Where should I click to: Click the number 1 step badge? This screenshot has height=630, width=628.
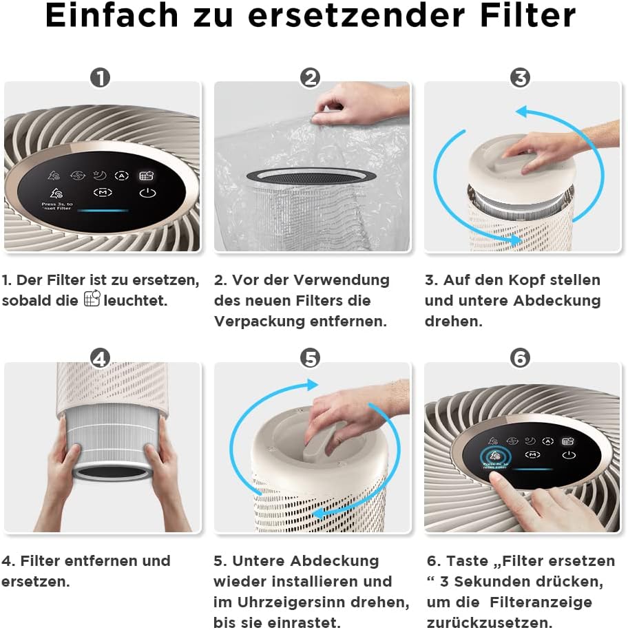point(100,78)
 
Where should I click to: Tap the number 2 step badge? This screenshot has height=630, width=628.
point(311,78)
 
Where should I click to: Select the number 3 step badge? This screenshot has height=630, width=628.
point(521,78)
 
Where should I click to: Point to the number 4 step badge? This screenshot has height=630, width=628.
point(100,358)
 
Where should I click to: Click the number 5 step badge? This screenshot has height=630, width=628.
point(311,358)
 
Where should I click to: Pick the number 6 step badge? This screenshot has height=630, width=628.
point(521,358)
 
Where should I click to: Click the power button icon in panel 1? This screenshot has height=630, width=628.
point(147,193)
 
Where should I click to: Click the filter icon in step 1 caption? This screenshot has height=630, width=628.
point(92,300)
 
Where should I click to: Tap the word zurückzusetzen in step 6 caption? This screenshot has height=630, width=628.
point(488,622)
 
